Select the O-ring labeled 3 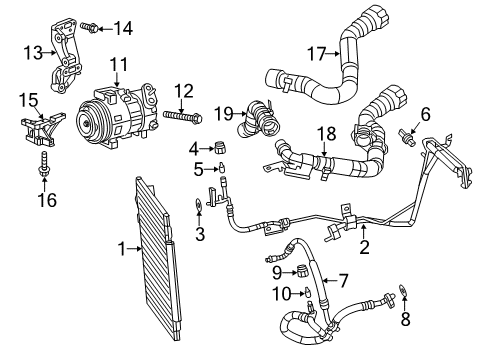[x=198, y=209]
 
